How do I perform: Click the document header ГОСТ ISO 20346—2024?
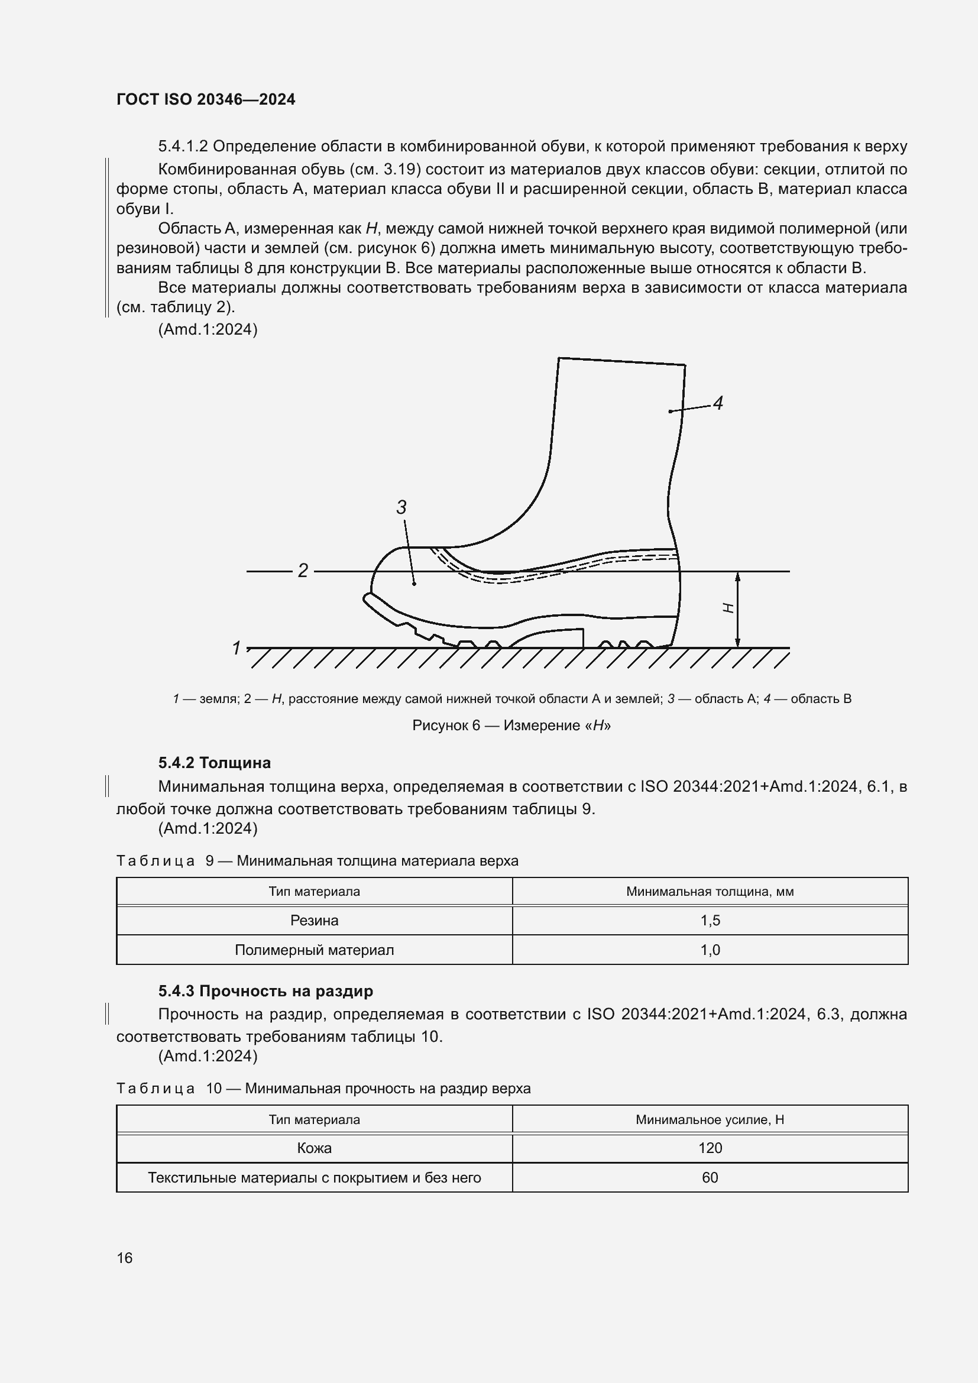click(x=206, y=99)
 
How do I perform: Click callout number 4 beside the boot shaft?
click(x=718, y=403)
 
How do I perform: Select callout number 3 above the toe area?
click(x=401, y=507)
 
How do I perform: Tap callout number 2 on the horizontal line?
click(x=303, y=570)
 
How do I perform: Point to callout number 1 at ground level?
click(x=237, y=648)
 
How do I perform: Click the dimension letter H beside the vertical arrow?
click(x=728, y=608)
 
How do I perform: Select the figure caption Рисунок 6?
click(x=511, y=725)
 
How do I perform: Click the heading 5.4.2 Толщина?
click(x=215, y=763)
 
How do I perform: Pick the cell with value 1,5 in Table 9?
click(x=710, y=921)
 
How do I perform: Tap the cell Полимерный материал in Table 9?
click(x=315, y=950)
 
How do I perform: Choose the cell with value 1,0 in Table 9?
click(x=710, y=950)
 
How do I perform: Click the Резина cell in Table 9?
click(x=315, y=921)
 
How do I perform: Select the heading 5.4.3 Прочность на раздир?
click(x=265, y=990)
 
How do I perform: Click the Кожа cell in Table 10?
click(x=315, y=1148)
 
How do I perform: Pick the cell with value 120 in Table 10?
click(x=710, y=1148)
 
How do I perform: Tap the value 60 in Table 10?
click(x=710, y=1178)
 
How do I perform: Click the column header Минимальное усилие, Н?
click(x=710, y=1120)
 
